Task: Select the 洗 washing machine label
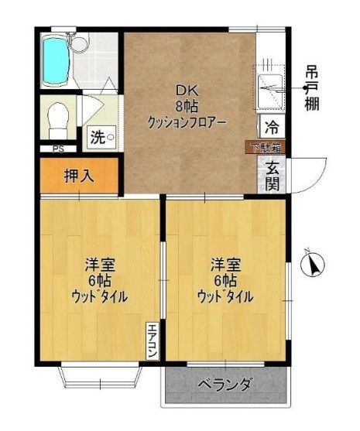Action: pos(98,139)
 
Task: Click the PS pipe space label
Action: pos(58,149)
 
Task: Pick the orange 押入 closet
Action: pos(78,176)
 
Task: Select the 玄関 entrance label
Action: pos(273,176)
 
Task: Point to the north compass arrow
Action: pos(313,265)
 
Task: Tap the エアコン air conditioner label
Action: pos(153,340)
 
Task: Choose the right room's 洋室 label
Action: pos(224,265)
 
